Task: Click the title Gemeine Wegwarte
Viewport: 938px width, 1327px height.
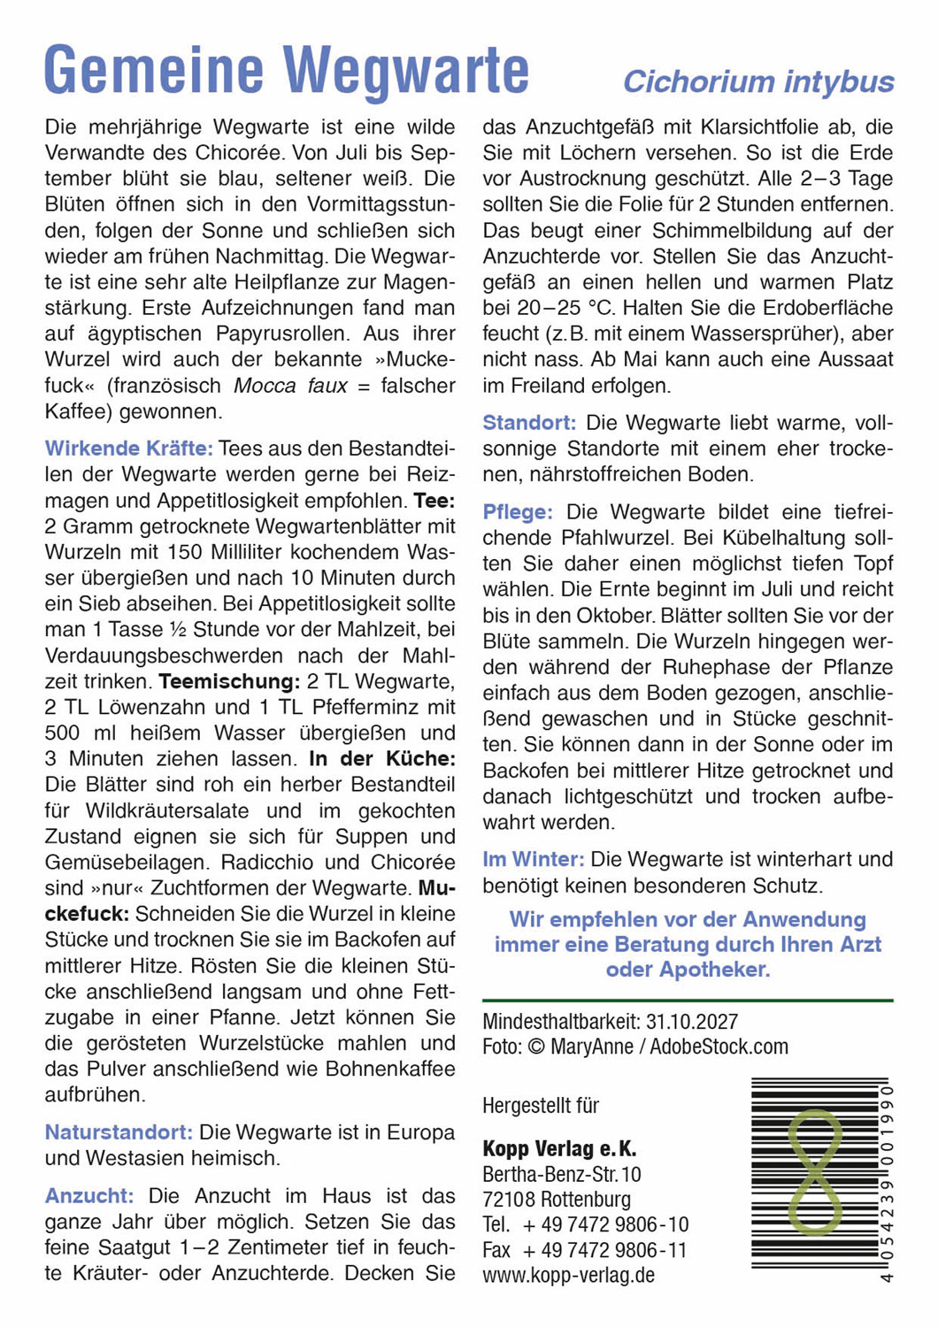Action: pyautogui.click(x=287, y=71)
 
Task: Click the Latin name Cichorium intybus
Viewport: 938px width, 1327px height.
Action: pyautogui.click(x=758, y=82)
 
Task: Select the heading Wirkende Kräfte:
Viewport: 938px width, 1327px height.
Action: pyautogui.click(x=128, y=449)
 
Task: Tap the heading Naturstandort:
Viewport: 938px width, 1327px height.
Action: pyautogui.click(x=119, y=1132)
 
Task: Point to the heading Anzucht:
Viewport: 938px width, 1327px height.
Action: pyautogui.click(x=89, y=1196)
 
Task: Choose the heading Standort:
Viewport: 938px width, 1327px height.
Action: pyautogui.click(x=529, y=423)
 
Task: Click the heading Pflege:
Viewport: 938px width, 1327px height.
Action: pyautogui.click(x=518, y=512)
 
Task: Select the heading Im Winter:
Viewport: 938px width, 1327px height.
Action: pyautogui.click(x=533, y=859)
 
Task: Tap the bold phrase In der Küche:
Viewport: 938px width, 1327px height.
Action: pyautogui.click(x=381, y=759)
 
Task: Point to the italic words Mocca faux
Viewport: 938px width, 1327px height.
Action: pyautogui.click(x=290, y=386)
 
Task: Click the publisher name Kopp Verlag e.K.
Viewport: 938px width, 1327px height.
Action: pyautogui.click(x=559, y=1149)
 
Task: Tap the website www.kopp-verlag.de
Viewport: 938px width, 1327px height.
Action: pyautogui.click(x=568, y=1276)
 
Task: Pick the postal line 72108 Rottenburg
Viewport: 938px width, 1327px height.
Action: pyautogui.click(x=557, y=1200)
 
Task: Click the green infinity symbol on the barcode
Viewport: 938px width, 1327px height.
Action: pyautogui.click(x=814, y=1172)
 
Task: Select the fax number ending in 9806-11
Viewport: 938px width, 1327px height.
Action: pyautogui.click(x=605, y=1250)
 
